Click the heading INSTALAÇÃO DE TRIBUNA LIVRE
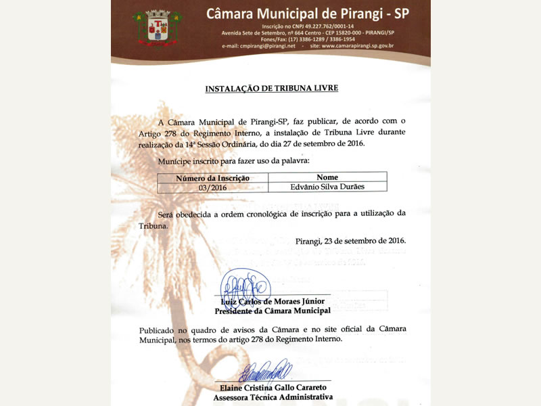(x=271, y=88)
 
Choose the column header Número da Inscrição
(x=212, y=177)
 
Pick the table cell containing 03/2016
(x=212, y=186)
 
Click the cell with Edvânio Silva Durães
(x=327, y=186)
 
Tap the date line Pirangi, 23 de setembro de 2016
(x=351, y=240)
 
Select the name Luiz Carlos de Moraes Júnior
(x=273, y=301)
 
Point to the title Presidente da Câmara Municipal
(x=273, y=311)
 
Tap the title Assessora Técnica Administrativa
(x=273, y=397)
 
